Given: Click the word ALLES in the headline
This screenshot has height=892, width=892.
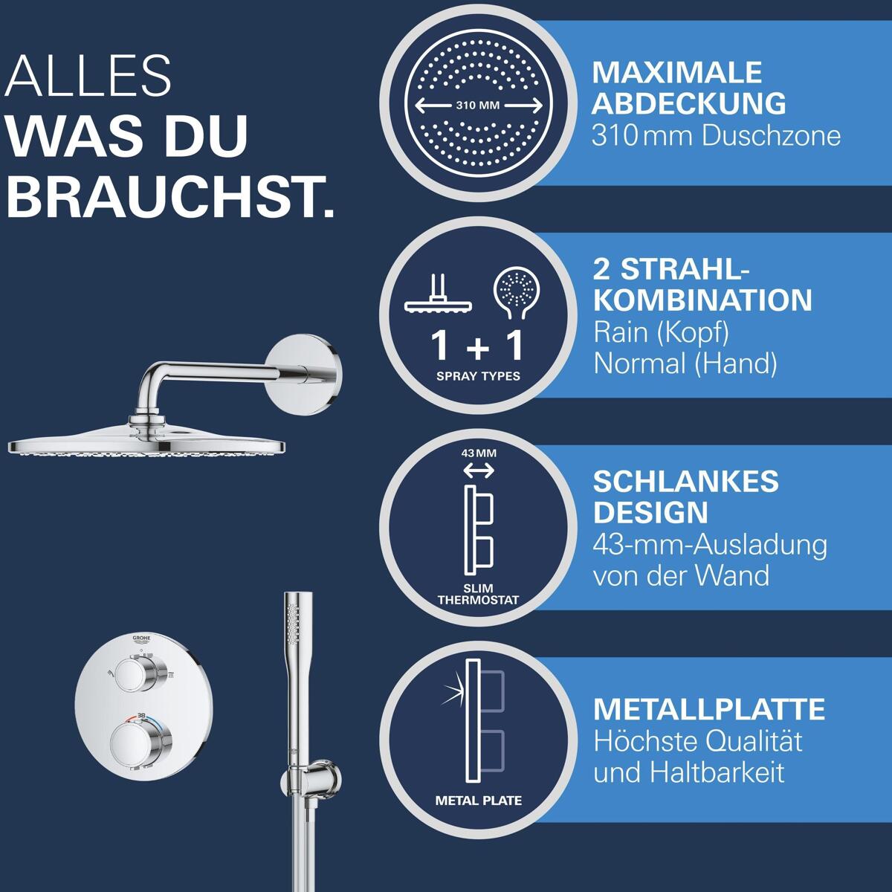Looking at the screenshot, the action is [x=88, y=76].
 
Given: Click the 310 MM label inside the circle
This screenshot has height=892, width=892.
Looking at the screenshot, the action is [x=478, y=105].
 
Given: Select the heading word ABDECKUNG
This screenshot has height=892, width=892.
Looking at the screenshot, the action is [x=688, y=103].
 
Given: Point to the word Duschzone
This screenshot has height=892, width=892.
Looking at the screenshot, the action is [x=771, y=136].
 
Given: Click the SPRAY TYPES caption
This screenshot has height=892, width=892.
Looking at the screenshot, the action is [x=478, y=376].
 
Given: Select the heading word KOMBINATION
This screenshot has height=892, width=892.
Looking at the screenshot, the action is [x=702, y=300].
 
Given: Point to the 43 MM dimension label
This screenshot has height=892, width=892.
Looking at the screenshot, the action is [x=479, y=453].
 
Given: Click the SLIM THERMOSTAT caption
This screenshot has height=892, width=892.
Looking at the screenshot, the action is [x=478, y=595].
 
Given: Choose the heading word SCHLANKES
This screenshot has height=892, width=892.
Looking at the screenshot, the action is [x=685, y=482].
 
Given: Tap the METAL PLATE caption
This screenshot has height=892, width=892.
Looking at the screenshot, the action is [x=478, y=801].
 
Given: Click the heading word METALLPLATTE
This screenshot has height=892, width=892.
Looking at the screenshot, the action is [x=708, y=709].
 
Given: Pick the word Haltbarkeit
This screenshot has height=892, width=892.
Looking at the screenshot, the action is [x=717, y=772].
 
